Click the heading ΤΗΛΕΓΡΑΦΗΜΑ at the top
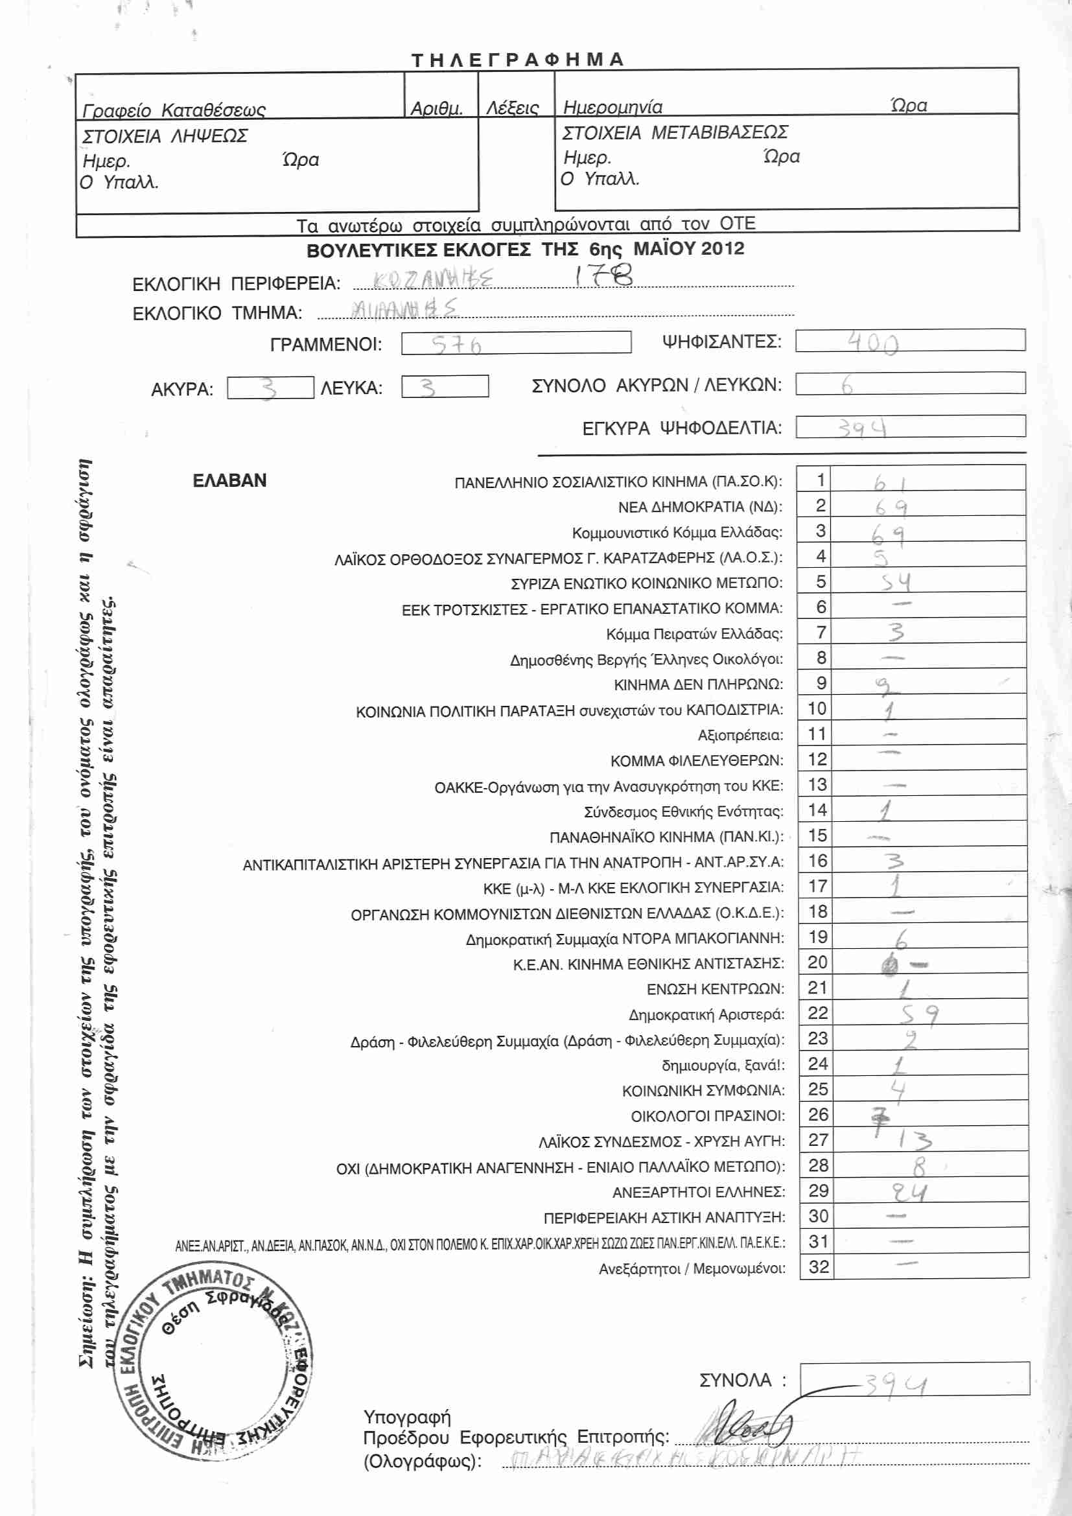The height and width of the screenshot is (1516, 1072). (517, 60)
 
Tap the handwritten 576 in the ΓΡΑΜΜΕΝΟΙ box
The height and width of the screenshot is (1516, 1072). (456, 344)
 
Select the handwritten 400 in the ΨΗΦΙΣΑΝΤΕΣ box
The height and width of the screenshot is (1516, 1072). (872, 343)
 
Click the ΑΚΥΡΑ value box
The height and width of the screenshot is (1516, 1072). (270, 388)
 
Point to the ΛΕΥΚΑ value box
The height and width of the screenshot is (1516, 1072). (444, 387)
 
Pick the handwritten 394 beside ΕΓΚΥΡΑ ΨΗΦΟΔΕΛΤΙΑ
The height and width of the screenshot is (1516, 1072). (862, 428)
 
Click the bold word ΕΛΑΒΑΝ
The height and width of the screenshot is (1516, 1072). (229, 480)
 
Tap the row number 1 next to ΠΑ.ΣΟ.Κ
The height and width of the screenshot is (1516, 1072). (820, 480)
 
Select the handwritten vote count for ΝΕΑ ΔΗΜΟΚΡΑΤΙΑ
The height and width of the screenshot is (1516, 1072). (891, 507)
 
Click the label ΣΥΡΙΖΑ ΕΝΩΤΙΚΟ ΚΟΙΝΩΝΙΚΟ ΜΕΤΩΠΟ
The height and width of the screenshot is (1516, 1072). (646, 583)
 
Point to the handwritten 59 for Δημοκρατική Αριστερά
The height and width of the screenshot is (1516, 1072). (920, 1014)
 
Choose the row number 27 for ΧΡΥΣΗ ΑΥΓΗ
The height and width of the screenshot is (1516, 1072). (818, 1139)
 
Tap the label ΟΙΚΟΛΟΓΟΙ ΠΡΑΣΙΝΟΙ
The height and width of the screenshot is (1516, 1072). (708, 1116)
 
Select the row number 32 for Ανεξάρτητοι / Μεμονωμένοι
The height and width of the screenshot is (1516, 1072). (819, 1266)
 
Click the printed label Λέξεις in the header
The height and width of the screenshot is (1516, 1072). (512, 108)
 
